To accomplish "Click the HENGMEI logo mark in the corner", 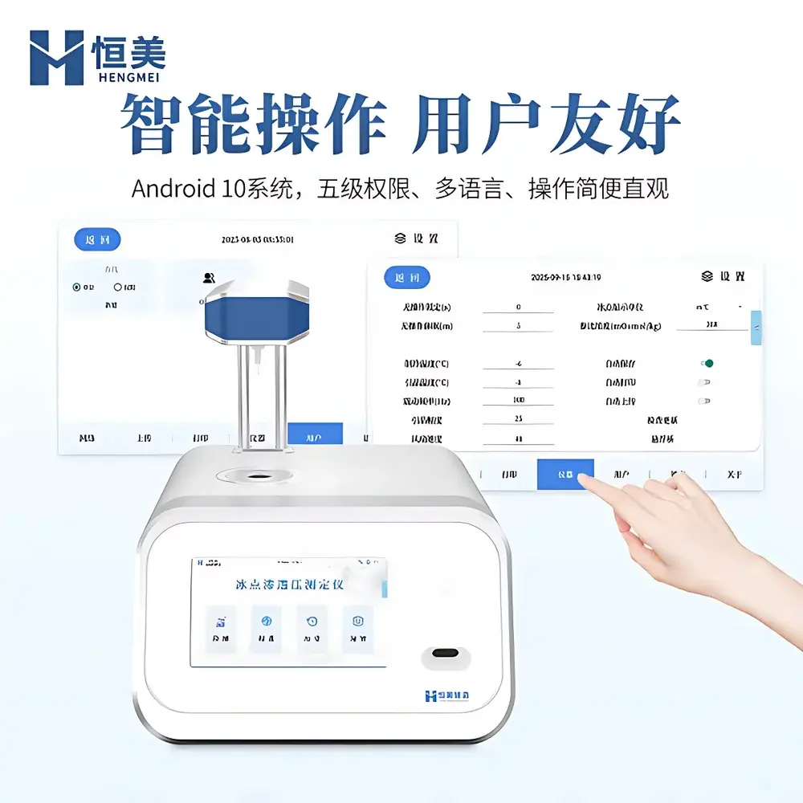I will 56,58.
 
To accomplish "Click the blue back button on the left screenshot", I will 97,239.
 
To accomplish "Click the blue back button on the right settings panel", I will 407,278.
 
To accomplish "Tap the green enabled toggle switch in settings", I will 706,363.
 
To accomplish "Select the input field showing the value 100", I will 518,400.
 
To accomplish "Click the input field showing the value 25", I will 518,419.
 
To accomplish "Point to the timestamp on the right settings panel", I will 566,278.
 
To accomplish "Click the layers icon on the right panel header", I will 707,276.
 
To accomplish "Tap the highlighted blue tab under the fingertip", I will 565,475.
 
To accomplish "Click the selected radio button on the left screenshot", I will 77,287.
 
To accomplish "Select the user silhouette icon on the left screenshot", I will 209,278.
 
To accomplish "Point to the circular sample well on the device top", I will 257,476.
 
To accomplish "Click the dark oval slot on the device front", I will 444,652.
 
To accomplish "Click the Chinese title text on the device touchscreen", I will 289,585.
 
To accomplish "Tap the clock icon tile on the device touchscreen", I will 312,622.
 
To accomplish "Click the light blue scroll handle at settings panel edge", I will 756,328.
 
